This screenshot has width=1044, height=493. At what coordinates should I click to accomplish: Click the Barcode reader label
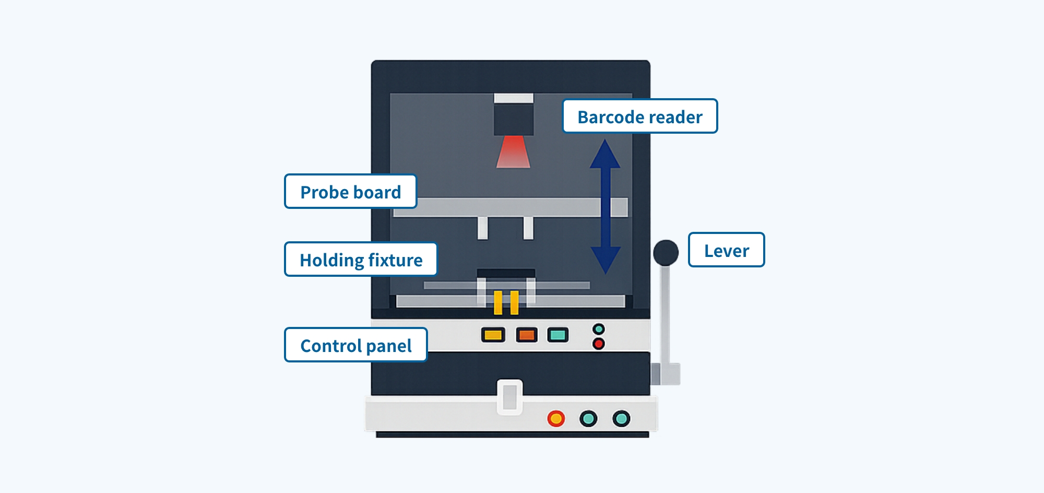pos(640,116)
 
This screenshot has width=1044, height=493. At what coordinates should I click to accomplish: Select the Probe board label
pos(351,191)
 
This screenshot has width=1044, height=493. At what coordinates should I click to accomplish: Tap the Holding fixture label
pos(361,259)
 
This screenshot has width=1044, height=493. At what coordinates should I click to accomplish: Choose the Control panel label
pos(356,345)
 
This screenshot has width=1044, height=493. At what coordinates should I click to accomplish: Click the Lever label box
pos(727,250)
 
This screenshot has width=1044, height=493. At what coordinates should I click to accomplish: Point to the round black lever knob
pos(666,253)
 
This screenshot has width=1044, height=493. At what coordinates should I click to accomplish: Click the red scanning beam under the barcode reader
pos(513,152)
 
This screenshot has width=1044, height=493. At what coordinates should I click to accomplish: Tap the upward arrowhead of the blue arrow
pos(605,154)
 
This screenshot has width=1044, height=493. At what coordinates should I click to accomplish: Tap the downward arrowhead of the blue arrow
pos(606,260)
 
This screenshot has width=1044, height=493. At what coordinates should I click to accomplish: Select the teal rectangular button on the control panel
pos(558,335)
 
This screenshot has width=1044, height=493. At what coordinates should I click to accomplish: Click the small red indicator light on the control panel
pos(599,344)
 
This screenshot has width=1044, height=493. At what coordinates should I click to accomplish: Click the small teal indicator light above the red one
pos(599,329)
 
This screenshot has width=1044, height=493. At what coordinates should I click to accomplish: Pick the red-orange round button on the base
pos(556,418)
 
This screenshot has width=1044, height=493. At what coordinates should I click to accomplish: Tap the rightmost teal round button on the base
pos(621,418)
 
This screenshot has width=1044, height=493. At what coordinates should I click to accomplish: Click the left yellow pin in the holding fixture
pos(498,303)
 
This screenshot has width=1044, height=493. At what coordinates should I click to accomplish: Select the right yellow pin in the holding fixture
pos(515,303)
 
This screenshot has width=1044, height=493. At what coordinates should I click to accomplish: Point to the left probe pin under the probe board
pos(483,228)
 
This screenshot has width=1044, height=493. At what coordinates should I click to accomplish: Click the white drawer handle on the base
pos(509,397)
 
